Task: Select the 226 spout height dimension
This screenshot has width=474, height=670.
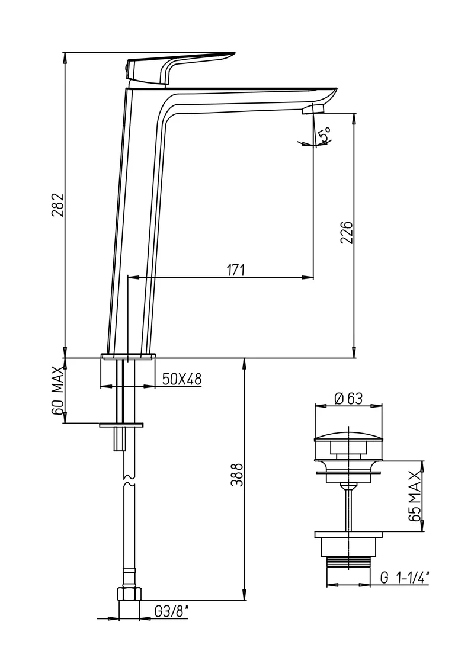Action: coord(347,232)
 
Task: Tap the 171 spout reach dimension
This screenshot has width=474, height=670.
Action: coord(235,270)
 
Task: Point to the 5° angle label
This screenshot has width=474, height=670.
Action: coord(325,134)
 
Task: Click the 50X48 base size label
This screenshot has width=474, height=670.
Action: coord(182,379)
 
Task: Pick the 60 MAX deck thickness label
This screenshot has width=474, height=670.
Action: coord(58,390)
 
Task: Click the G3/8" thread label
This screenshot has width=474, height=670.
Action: coord(171,612)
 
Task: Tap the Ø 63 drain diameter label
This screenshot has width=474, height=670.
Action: coord(348,398)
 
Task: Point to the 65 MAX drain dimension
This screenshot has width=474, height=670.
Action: coord(415,496)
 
